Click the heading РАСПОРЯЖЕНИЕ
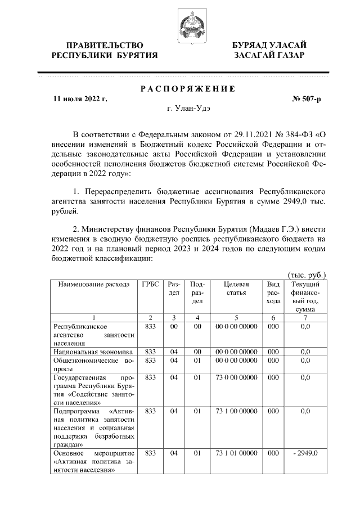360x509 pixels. tap(188, 89)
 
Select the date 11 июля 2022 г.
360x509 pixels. tap(79, 100)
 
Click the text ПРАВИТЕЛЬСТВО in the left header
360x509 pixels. tap(105, 45)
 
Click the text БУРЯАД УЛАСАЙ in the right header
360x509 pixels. tap(269, 45)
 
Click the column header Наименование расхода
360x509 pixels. tap(94, 284)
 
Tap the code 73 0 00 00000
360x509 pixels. tap(236, 378)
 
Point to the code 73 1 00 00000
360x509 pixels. tap(236, 411)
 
